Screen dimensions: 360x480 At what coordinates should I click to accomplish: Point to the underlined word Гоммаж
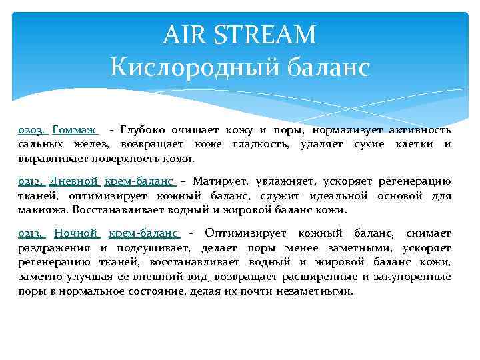click(x=75, y=129)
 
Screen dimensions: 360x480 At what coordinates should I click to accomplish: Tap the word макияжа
click(x=41, y=210)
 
